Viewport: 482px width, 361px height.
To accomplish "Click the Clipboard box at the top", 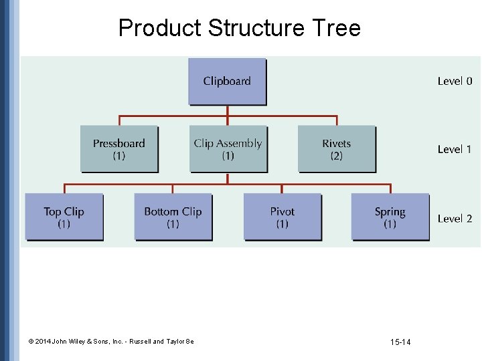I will tap(227, 81).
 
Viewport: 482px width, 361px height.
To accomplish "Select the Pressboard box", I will tap(119, 148).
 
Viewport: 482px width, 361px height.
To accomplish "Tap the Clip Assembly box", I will tap(228, 148).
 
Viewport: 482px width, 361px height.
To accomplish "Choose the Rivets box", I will tap(336, 148).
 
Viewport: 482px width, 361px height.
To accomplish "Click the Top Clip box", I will tap(64, 217).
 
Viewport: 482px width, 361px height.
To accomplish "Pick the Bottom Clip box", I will tap(173, 217).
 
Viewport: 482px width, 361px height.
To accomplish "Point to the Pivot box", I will tap(282, 217).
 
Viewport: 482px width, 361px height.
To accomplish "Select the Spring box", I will tap(390, 217).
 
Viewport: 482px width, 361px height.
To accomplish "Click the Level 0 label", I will tap(455, 81).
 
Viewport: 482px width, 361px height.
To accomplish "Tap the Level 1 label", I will tap(455, 149).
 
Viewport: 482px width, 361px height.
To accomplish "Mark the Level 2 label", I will tap(455, 218).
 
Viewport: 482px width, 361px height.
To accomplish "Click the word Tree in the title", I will tap(335, 28).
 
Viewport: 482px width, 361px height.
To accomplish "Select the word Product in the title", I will tap(159, 28).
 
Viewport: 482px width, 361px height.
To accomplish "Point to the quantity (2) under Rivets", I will tap(336, 156).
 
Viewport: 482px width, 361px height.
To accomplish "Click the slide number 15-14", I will tap(400, 342).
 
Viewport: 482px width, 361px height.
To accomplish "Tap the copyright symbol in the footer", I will tap(31, 342).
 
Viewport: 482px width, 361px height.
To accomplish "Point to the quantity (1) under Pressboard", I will tap(119, 156).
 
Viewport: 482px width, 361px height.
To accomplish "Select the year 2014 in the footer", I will tap(43, 342).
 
